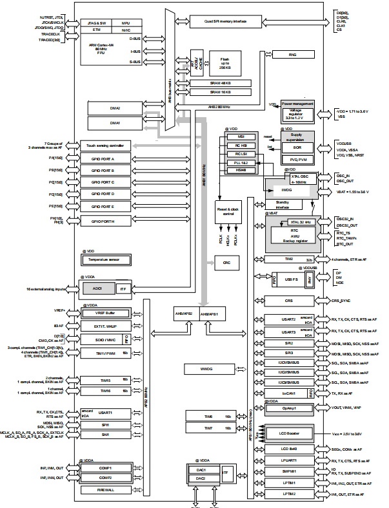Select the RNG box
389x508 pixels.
coord(292,56)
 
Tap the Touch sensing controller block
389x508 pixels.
coord(105,145)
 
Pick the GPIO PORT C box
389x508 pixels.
coord(105,182)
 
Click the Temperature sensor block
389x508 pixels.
coord(105,260)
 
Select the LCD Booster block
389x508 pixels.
coord(293,432)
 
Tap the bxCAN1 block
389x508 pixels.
coord(288,393)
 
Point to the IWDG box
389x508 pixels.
coord(288,191)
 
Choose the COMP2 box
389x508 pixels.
coord(106,477)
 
